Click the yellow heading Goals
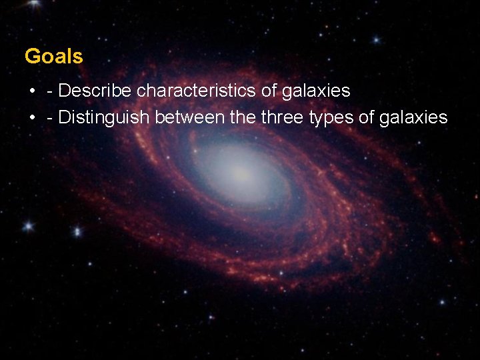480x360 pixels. pos(54,57)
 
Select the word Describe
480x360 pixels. pos(96,90)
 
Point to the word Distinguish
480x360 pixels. pos(105,118)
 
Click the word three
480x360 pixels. pos(283,118)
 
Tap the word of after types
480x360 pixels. pos(367,118)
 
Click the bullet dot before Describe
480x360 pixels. pos(32,91)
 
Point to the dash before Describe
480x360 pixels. pos(51,91)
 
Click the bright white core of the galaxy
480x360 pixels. pos(241,175)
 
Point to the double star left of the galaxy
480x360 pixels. pos(28,227)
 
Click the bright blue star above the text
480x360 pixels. pos(377,40)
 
